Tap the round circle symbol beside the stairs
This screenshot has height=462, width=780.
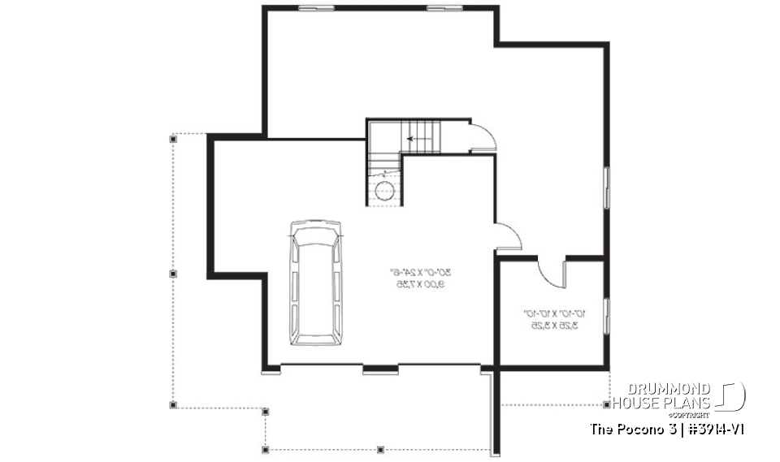(384, 190)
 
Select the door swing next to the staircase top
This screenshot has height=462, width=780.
(483, 137)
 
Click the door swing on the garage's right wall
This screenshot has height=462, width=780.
(508, 236)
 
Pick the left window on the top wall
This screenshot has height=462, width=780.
(316, 8)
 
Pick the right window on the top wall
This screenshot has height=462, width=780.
(444, 8)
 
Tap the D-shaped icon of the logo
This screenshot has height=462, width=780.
(733, 396)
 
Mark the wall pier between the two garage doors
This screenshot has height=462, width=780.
(380, 371)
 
